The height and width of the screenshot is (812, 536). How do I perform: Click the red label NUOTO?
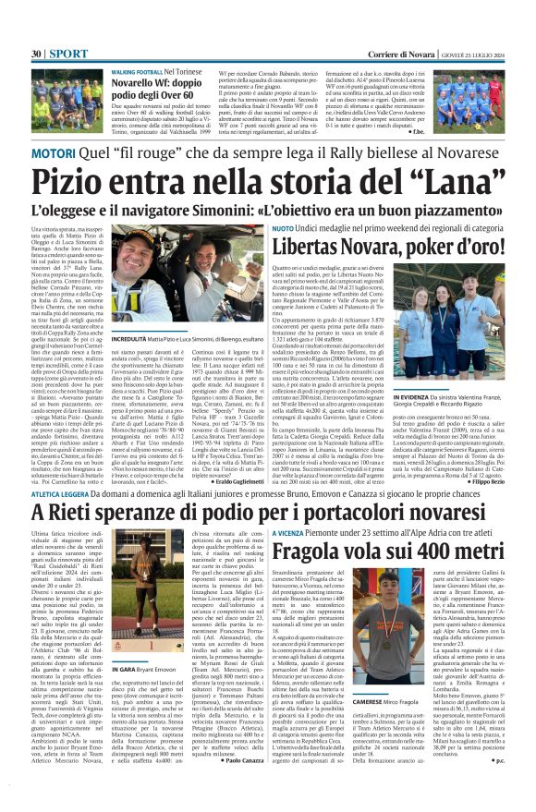(x=282, y=227)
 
